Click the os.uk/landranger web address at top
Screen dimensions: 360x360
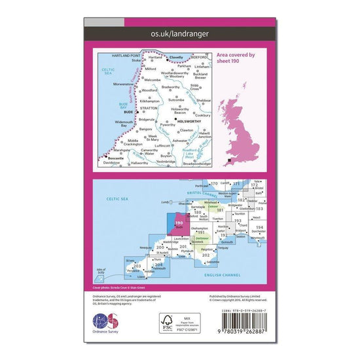point(180,32)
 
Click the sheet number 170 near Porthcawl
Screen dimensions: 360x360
point(213,184)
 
